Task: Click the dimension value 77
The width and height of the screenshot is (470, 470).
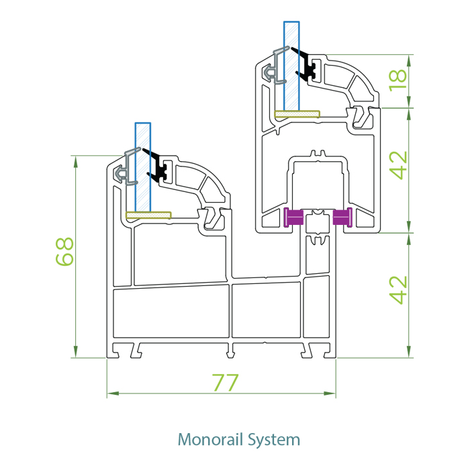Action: point(226,383)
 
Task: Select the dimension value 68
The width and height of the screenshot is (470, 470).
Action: point(65,252)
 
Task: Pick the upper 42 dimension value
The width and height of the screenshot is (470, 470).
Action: point(399,165)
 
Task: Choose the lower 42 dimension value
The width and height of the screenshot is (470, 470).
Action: point(399,289)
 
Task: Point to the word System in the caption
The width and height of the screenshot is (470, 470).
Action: point(274,440)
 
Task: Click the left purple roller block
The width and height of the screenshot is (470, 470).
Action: point(294,217)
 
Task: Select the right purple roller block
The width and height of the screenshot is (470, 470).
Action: point(342,217)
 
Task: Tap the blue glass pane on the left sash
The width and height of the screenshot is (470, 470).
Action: point(143,168)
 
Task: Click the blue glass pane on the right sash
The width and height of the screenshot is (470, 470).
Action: point(291,67)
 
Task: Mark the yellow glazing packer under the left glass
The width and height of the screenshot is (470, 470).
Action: point(148,216)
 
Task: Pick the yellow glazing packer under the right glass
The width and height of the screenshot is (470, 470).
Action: point(297,114)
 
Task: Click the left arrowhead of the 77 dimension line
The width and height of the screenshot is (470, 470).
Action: point(110,392)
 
